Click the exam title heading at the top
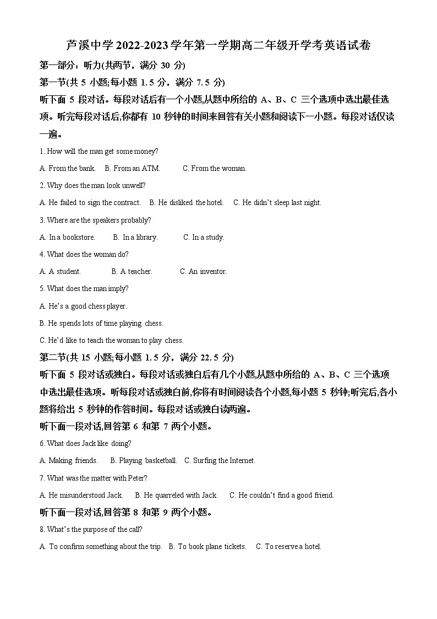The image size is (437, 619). coord(218,46)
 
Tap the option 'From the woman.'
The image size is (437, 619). coord(215,168)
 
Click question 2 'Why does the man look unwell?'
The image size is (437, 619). coord(92,185)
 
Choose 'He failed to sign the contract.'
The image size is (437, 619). coord(90,202)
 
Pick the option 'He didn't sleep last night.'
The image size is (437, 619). coord(277,202)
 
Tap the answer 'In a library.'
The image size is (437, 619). coord(135,237)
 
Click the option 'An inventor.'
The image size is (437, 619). coord(204,271)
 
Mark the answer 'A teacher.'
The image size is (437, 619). coord(132,271)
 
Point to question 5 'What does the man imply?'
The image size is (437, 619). coord(84,288)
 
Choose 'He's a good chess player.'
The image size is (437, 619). coord(83,306)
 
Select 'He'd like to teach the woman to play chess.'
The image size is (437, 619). coord(112,340)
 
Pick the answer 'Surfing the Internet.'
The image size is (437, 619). coord(220,460)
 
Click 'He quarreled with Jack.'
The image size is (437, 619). coord(177,495)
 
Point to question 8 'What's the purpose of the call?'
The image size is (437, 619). coord(91,529)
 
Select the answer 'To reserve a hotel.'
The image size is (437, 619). coord(288,546)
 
